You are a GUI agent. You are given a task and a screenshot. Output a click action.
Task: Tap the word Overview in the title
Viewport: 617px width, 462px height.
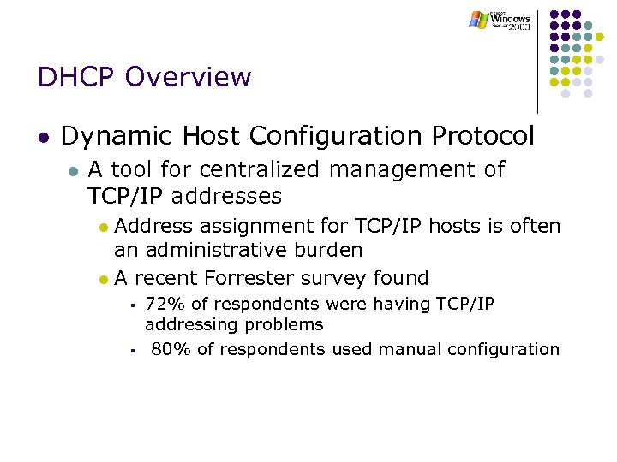click(x=188, y=77)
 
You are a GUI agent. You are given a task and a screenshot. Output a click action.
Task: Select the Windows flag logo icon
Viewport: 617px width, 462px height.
click(x=478, y=19)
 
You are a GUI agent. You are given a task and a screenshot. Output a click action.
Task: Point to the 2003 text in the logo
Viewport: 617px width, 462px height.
click(x=518, y=27)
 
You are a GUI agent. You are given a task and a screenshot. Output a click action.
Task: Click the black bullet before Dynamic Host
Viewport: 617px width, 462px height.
click(x=43, y=137)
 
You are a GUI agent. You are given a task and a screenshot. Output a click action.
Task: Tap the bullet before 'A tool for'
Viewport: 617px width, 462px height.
click(x=73, y=171)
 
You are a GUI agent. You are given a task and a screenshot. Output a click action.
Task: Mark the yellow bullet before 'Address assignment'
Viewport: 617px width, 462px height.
click(x=103, y=228)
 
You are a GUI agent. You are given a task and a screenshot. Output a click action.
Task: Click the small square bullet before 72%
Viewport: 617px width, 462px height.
click(x=134, y=305)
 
